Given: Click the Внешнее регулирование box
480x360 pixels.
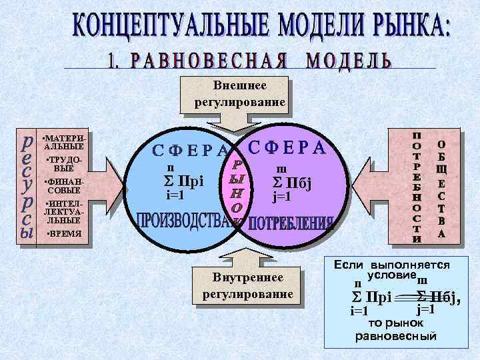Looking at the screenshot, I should (x=240, y=94).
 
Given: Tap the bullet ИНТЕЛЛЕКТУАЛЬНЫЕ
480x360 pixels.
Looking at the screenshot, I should (x=64, y=211).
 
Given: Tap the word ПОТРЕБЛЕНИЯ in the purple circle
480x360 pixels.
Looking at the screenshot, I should (x=291, y=223).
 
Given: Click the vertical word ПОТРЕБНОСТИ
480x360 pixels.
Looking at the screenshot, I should (x=417, y=186).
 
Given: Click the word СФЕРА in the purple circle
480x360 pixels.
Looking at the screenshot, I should (x=287, y=147).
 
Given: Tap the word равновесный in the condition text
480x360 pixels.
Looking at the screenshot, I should (x=395, y=335).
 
